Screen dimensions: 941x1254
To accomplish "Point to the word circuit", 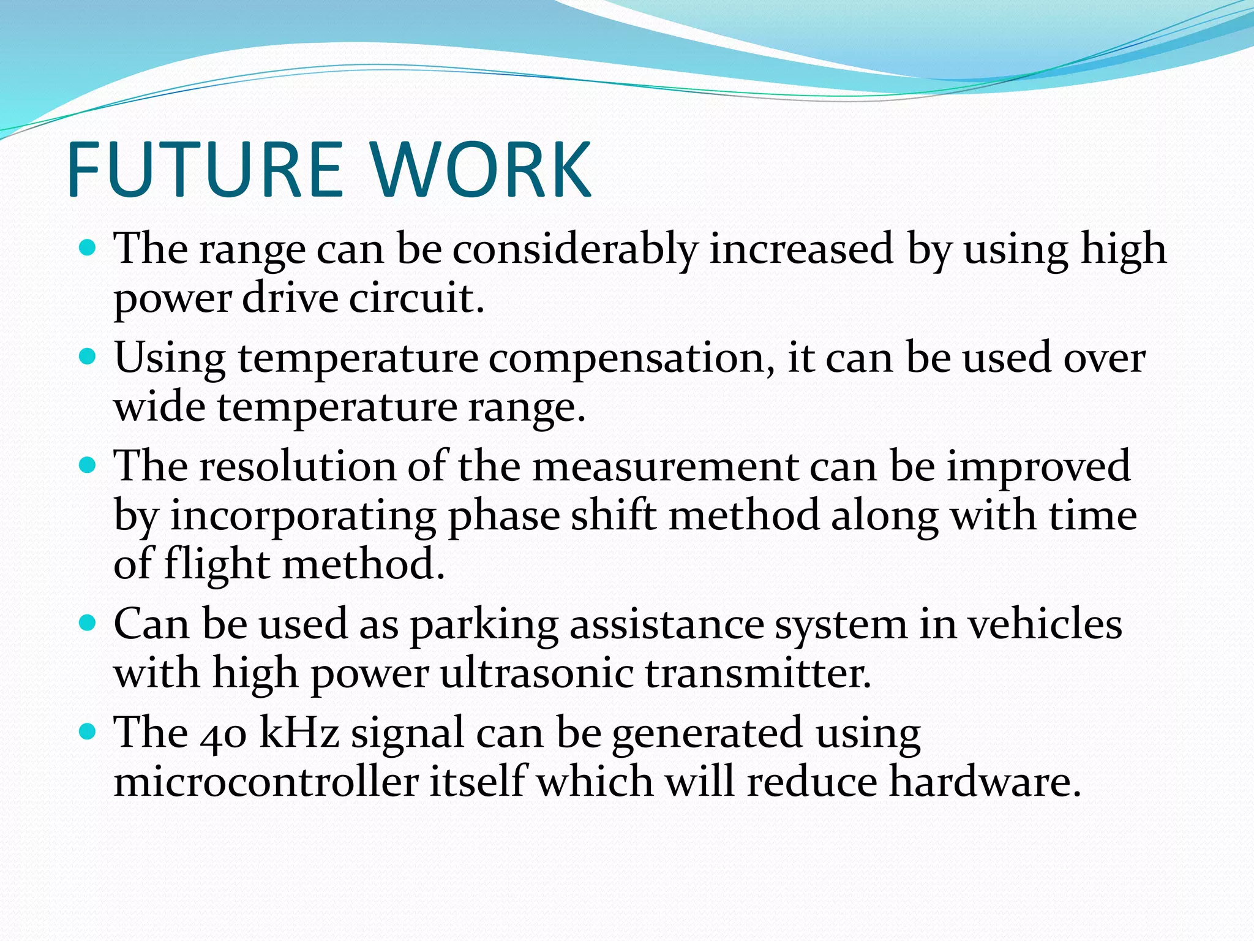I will [416, 298].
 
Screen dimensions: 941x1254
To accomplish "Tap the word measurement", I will [665, 467].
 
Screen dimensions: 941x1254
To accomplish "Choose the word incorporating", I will [302, 516].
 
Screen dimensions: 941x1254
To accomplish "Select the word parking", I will [484, 625].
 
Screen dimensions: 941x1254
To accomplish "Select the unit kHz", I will [299, 733].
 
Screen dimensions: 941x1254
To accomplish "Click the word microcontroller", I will [266, 782].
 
